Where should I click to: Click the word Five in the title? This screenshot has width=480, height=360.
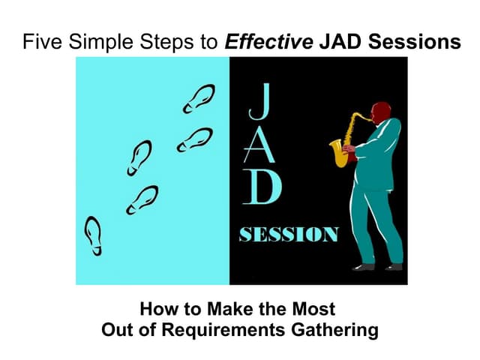coord(40,42)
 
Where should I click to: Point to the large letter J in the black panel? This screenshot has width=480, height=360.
coord(256,103)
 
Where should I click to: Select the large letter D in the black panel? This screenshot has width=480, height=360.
coord(258,187)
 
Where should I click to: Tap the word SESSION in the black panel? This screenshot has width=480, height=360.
coord(288,235)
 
